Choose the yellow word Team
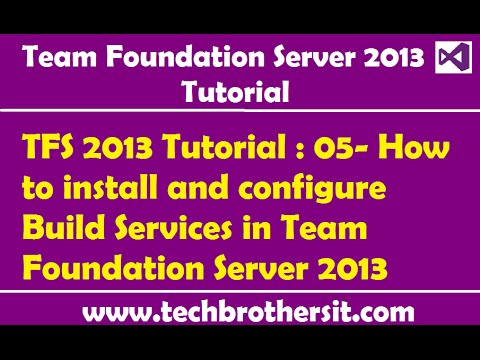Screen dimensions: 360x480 pyautogui.click(x=320, y=230)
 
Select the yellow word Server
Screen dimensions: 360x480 pyautogui.click(x=263, y=269)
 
